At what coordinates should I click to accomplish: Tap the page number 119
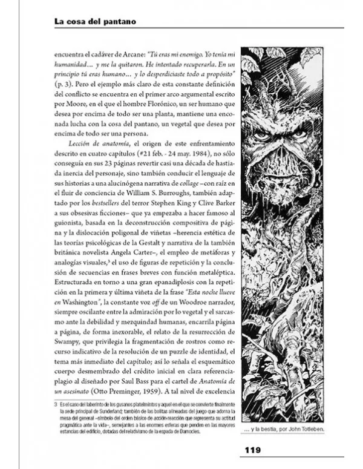point(252,450)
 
